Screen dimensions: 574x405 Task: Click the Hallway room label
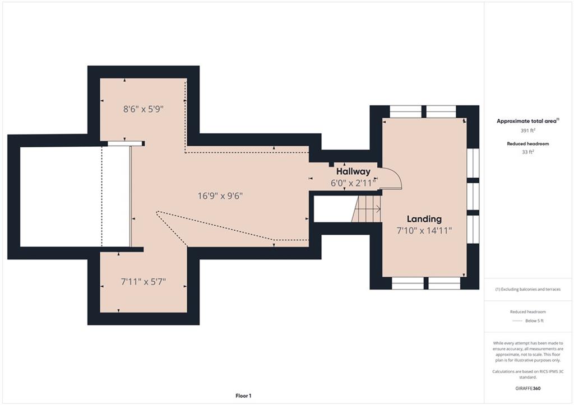353,171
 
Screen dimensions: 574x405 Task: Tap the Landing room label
424,219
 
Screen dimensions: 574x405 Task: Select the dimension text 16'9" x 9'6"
220,195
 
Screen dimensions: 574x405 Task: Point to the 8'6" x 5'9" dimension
143,109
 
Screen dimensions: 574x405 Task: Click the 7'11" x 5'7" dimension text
143,282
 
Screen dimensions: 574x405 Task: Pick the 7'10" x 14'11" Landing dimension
424,230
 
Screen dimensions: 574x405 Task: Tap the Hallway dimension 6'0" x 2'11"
354,183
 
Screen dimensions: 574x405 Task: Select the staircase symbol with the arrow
367,209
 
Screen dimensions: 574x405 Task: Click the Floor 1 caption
243,395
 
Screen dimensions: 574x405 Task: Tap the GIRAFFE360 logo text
528,388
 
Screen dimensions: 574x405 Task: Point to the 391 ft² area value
528,131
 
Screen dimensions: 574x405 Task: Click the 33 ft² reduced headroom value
528,152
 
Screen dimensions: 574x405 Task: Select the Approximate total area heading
528,121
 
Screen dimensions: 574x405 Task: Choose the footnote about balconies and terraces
528,289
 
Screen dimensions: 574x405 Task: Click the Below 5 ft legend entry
534,321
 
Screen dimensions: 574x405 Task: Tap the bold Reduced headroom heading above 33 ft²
528,144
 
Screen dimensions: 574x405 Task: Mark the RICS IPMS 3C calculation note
528,374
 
